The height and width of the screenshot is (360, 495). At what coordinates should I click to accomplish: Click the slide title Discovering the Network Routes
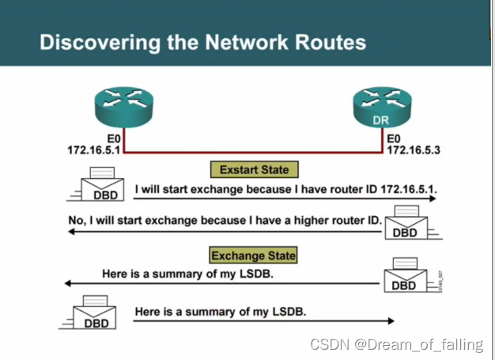pos(202,41)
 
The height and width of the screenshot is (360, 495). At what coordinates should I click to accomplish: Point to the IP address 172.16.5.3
pos(413,149)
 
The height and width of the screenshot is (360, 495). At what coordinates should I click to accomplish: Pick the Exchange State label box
pos(253,256)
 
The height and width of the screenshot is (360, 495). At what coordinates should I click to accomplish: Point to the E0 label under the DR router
pos(395,138)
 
